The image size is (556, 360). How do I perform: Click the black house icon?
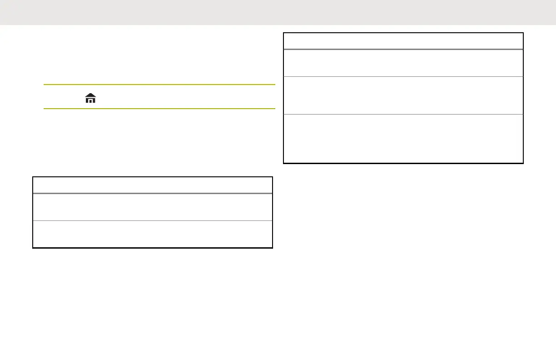coord(90,98)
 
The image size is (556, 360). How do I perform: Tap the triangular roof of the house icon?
coord(90,95)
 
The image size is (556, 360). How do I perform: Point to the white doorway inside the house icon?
coord(90,100)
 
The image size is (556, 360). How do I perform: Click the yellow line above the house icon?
coord(159,85)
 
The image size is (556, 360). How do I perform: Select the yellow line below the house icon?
coord(159,109)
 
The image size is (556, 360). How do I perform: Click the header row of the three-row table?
coord(153,185)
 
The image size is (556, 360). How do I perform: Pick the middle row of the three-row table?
coord(153,207)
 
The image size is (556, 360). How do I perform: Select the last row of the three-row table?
coord(153,234)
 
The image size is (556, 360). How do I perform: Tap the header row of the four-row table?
coord(403,41)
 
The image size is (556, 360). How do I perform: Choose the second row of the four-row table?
coord(403,63)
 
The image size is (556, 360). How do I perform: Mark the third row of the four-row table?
coord(403,95)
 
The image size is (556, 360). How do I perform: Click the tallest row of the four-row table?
coord(403,138)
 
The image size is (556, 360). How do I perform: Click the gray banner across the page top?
coord(278,12)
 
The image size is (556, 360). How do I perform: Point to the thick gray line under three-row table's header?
coord(153,193)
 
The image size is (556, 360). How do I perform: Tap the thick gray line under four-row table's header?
coord(403,49)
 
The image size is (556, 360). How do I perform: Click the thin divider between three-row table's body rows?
coord(153,221)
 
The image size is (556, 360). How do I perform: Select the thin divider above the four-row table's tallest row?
coord(403,115)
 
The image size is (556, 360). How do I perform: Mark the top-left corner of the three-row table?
coord(33,177)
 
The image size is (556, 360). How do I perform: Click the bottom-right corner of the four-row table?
coord(523,163)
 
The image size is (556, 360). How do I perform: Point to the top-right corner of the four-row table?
coord(523,33)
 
